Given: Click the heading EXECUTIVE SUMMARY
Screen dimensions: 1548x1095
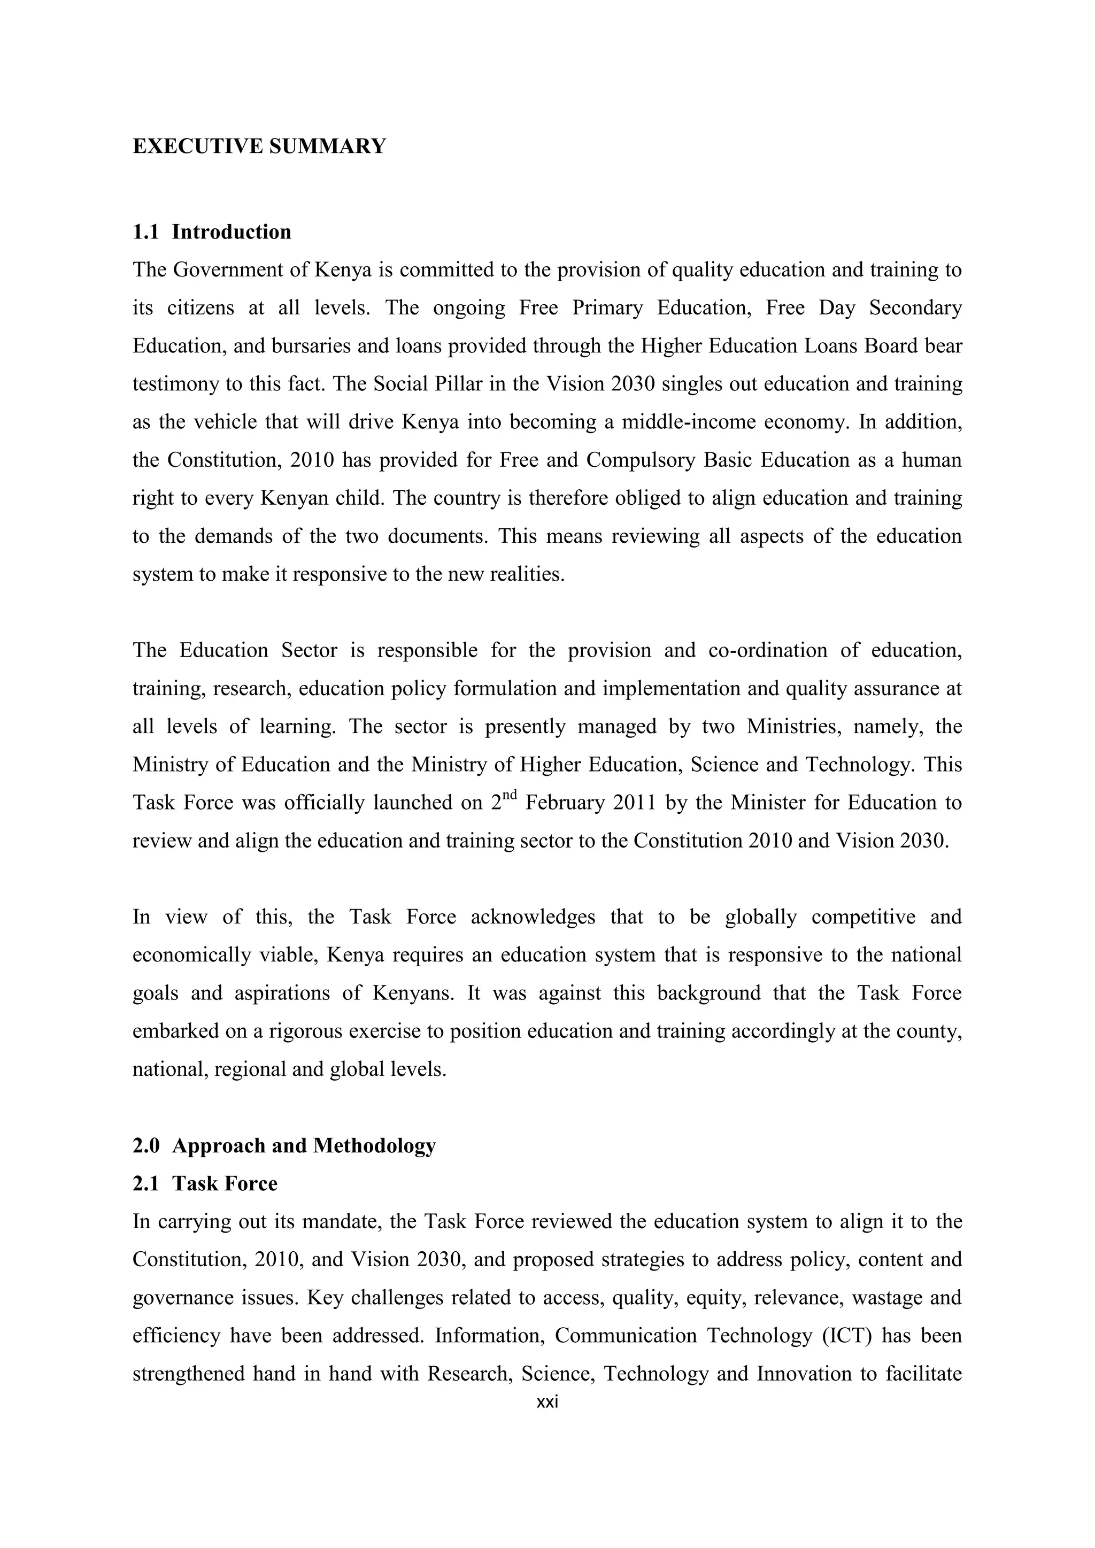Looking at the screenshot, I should pos(259,147).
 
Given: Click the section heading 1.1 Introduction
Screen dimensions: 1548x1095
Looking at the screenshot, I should pos(212,232).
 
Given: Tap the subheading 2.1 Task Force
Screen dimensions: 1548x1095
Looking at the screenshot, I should pos(205,1184).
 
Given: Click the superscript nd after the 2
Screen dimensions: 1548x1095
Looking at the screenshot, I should pos(510,796).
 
